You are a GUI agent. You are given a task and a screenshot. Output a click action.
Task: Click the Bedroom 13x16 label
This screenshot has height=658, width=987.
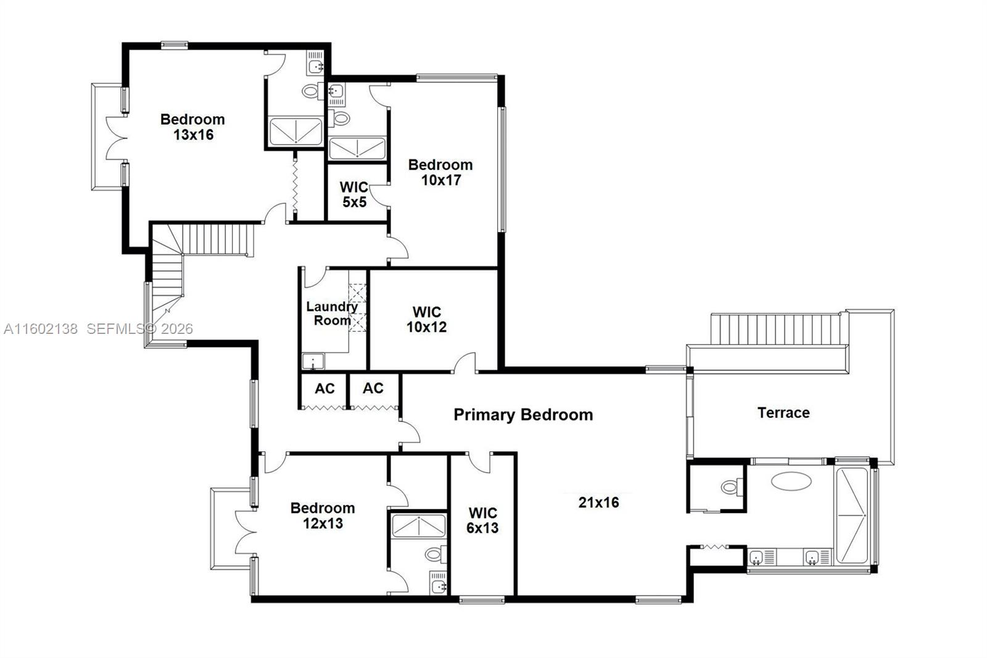(192, 127)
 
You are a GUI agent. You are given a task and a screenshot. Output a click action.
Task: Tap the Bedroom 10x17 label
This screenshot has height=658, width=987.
(440, 172)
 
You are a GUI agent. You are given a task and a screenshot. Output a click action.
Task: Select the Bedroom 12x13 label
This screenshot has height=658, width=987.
(323, 515)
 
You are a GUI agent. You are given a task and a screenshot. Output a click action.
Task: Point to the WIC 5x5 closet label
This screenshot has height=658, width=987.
(354, 194)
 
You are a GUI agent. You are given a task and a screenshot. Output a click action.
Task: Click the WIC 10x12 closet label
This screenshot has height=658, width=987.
(426, 319)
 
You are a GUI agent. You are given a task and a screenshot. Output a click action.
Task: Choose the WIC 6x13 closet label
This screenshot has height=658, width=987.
(482, 520)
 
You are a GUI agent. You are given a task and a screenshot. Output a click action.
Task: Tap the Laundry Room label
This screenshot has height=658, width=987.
(332, 313)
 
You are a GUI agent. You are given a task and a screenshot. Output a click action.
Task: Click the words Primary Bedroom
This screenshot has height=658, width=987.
(523, 415)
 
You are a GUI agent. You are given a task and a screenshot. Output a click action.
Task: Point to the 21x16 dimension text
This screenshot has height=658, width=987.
(598, 502)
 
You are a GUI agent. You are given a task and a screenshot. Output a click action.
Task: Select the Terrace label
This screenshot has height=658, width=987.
(783, 413)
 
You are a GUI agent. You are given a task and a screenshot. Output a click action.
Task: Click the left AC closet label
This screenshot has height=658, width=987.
(324, 389)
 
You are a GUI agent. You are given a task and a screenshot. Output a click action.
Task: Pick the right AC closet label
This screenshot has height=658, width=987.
(373, 388)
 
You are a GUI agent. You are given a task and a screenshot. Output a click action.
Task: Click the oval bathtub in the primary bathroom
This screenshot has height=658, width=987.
(791, 481)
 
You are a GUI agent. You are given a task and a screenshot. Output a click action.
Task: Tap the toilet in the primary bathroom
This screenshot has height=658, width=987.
(732, 487)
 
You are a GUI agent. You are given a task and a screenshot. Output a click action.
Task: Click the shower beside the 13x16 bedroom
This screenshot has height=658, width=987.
(295, 132)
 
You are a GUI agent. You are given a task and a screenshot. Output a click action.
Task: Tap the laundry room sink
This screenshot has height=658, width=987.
(313, 360)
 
